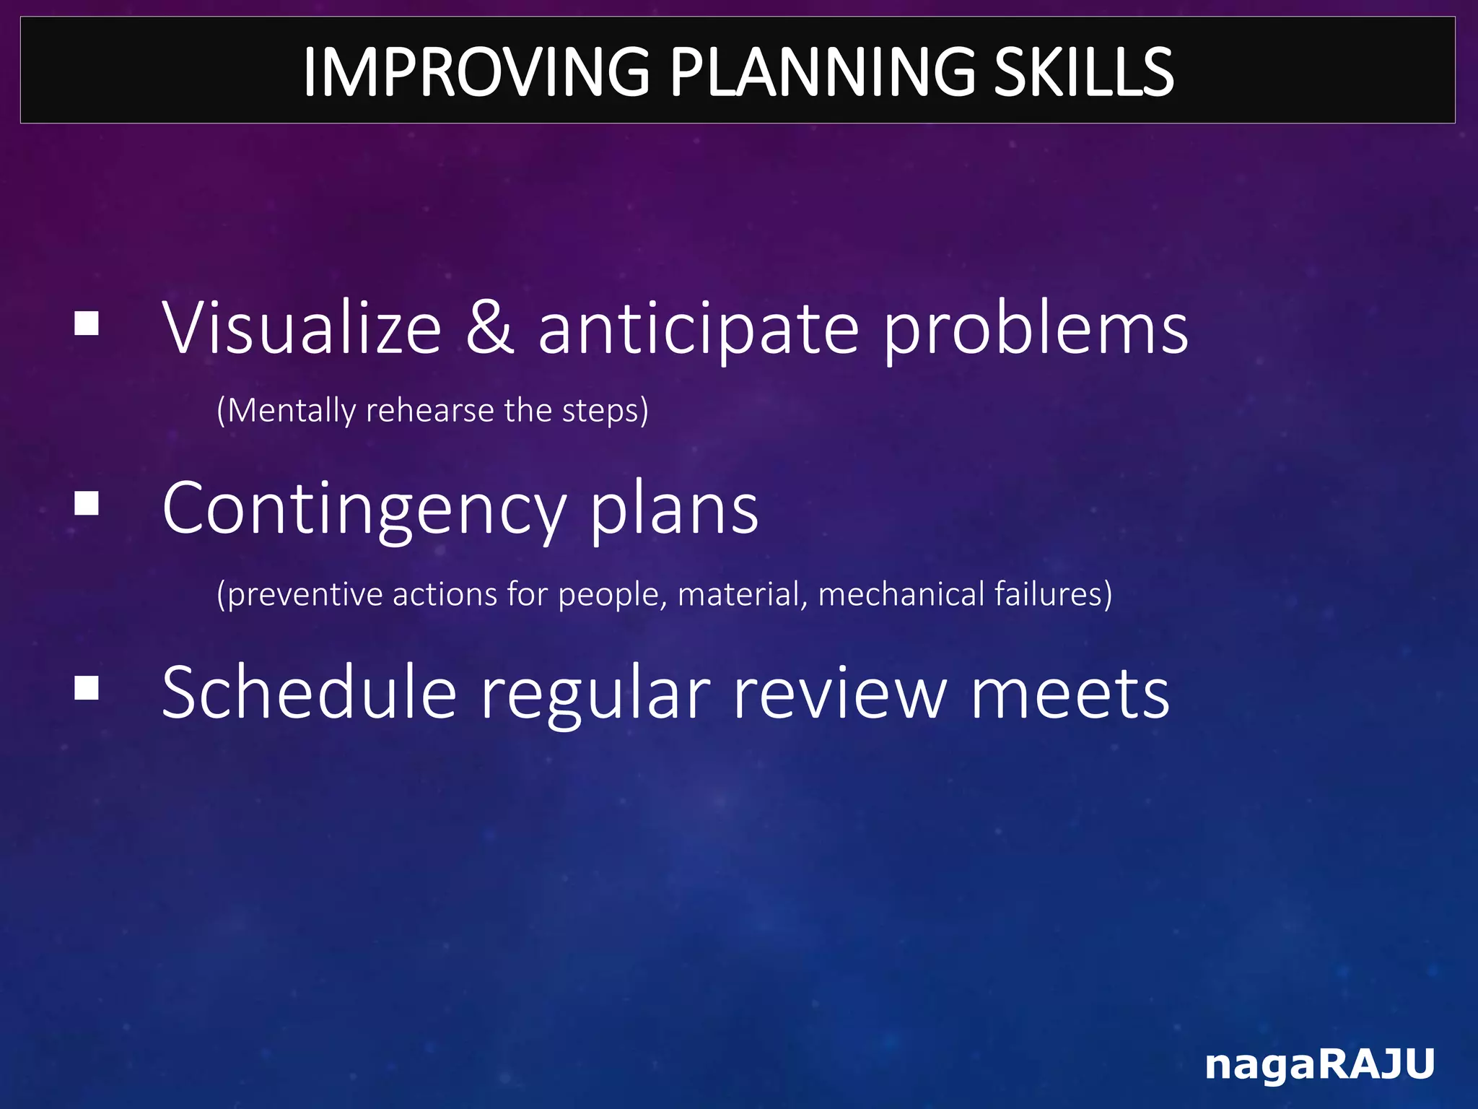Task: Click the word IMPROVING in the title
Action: click(x=476, y=71)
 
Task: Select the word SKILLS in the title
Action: click(x=1084, y=71)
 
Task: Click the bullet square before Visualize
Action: click(x=87, y=323)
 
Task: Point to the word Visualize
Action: click(x=302, y=329)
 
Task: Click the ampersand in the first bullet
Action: click(x=490, y=329)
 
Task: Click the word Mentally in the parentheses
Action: click(x=292, y=411)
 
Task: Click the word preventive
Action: click(x=300, y=594)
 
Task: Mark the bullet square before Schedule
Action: click(x=87, y=688)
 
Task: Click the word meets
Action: click(x=1070, y=693)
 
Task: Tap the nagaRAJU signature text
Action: click(x=1320, y=1064)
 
